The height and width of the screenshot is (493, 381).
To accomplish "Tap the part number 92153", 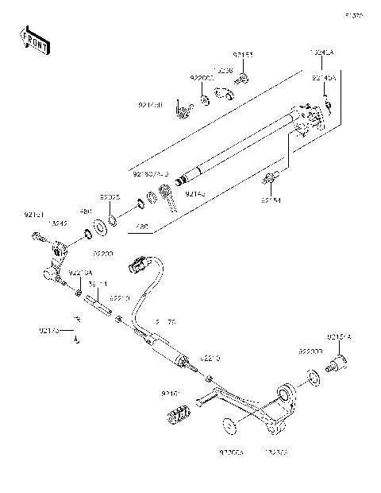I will tap(242, 56).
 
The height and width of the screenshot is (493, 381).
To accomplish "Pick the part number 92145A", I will tap(323, 79).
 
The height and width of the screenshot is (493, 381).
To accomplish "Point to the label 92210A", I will tap(79, 274).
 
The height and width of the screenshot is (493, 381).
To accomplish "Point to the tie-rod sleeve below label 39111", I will tap(99, 302).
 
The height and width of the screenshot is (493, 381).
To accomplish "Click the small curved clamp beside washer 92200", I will tap(225, 95).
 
